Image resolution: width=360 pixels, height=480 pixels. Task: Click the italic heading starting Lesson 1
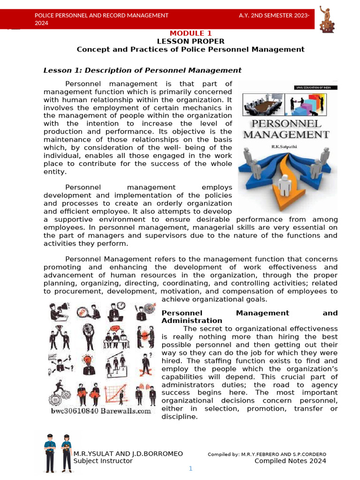[x=142, y=70]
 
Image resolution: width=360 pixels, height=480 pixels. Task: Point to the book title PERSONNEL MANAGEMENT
[x=286, y=129]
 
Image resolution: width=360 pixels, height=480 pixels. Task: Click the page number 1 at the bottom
[x=191, y=469]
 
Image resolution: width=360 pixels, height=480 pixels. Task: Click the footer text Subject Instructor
[x=103, y=461]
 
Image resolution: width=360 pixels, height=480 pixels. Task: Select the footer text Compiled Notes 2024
[x=290, y=461]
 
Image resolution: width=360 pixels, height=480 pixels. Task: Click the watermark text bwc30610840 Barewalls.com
[x=101, y=411]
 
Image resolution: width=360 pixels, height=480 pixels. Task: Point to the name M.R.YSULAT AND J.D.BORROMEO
[x=128, y=454]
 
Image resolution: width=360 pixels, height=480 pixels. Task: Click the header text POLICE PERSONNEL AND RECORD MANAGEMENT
[x=102, y=15]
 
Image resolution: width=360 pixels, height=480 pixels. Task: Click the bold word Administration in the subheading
[x=191, y=321]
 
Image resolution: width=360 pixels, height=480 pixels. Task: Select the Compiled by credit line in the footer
[x=267, y=454]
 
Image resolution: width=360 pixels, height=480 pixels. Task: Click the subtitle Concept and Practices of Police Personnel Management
[x=190, y=49]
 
